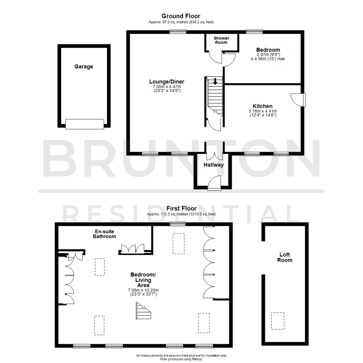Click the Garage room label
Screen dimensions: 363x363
click(x=84, y=67)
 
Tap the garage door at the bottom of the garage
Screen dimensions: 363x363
click(x=84, y=124)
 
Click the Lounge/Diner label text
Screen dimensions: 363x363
click(x=167, y=81)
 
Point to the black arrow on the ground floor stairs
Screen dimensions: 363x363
click(x=215, y=81)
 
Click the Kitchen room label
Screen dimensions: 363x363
click(x=263, y=106)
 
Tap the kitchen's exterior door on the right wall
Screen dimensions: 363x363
click(x=299, y=100)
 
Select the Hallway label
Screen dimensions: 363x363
click(x=213, y=165)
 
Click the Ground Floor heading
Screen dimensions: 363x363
click(x=181, y=16)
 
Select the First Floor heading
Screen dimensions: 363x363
click(x=181, y=208)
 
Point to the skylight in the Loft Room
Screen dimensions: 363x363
click(x=278, y=321)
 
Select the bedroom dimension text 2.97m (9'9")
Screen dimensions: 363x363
click(x=268, y=54)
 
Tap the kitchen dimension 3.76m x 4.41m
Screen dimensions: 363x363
click(x=263, y=111)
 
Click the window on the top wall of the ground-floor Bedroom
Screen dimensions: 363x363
click(x=254, y=32)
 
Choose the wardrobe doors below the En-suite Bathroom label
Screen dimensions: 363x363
click(x=132, y=248)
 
